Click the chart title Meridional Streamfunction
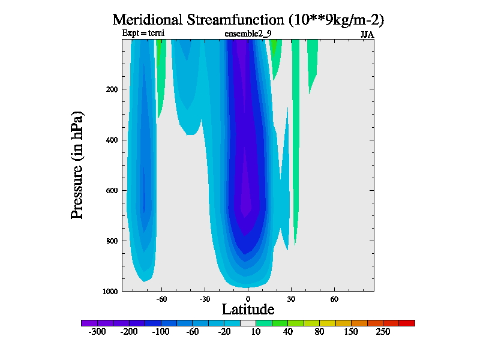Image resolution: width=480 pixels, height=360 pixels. point(248,19)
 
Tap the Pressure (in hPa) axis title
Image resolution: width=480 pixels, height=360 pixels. point(77,165)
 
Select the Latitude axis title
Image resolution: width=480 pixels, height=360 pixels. point(248,310)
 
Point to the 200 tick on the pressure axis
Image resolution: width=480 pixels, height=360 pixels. point(112,89)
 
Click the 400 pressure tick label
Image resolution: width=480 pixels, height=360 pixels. point(112,140)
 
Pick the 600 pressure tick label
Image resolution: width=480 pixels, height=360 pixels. point(112,191)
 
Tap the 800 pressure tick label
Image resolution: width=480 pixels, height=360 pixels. point(112,241)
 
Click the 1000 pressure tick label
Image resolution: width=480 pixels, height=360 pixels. point(110,292)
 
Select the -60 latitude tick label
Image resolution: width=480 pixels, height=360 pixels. point(161,298)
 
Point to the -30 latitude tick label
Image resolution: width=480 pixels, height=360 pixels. point(204,298)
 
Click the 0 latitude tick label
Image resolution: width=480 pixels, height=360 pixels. point(248,298)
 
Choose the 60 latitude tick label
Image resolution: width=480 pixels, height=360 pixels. point(334,298)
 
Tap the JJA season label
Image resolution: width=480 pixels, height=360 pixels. point(367,34)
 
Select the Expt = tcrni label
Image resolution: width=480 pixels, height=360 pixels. point(143,33)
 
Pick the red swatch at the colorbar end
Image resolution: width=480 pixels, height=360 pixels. point(407,323)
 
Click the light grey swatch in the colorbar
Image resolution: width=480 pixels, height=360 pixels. point(248,323)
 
